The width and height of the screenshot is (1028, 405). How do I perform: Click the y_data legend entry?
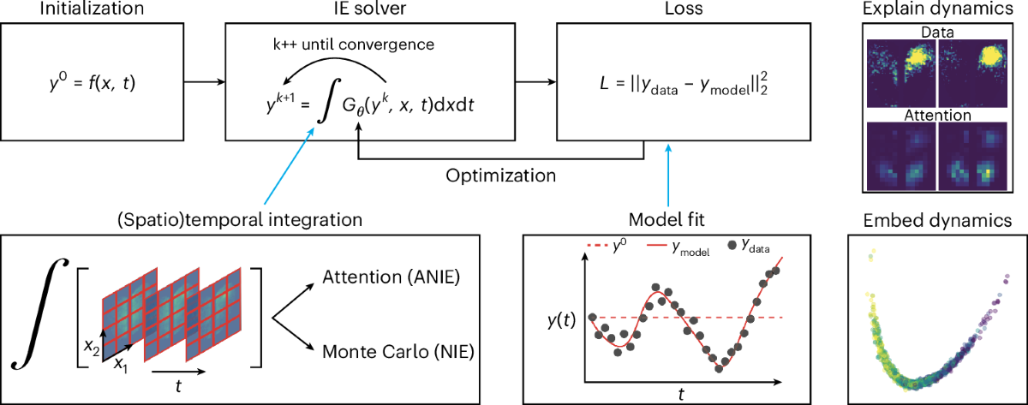(752, 247)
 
